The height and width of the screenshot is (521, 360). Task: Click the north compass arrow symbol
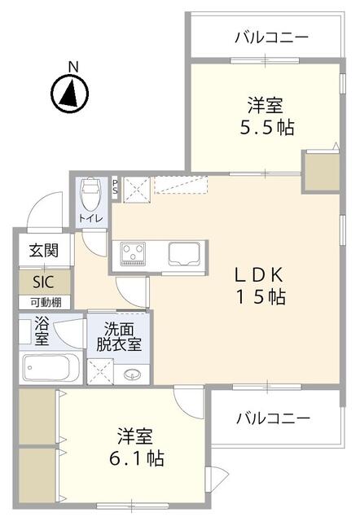tap(70, 93)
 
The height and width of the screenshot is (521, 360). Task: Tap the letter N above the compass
tap(73, 67)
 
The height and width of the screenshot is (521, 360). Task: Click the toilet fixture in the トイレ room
tap(90, 195)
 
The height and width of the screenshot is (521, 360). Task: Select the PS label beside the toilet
tap(115, 186)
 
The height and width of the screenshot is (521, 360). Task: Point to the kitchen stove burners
tap(133, 254)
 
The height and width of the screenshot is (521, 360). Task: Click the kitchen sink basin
tap(184, 253)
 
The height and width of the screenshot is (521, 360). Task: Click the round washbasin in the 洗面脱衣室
tap(132, 374)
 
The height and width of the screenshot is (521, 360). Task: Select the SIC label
tap(43, 282)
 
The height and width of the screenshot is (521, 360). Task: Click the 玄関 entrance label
tap(44, 250)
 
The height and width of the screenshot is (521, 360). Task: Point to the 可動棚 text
tap(46, 303)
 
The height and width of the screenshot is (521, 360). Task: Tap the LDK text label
tap(259, 275)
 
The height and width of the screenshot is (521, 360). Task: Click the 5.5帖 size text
tap(267, 127)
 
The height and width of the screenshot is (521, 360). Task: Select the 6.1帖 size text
tap(137, 458)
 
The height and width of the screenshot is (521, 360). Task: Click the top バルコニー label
tap(271, 37)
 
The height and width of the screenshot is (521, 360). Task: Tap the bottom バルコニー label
tap(273, 418)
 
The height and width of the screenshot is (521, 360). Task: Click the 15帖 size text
tap(261, 297)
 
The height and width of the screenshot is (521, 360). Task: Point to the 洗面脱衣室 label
tap(119, 337)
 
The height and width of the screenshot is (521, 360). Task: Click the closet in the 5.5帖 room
tap(321, 171)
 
